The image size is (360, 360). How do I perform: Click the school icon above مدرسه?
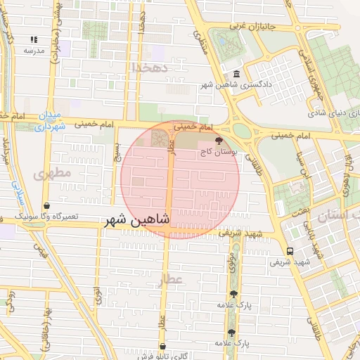coord(34,40)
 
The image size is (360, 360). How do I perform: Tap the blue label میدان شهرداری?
coord(49,121)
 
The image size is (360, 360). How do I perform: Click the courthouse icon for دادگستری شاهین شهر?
coord(236,75)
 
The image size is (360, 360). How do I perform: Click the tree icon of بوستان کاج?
coord(219,140)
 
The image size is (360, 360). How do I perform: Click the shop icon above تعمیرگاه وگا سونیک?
coord(46,206)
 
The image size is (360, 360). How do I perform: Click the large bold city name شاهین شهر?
coord(138,220)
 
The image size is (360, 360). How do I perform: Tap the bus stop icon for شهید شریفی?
coord(290,251)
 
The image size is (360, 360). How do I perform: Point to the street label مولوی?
coord(232,265)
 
